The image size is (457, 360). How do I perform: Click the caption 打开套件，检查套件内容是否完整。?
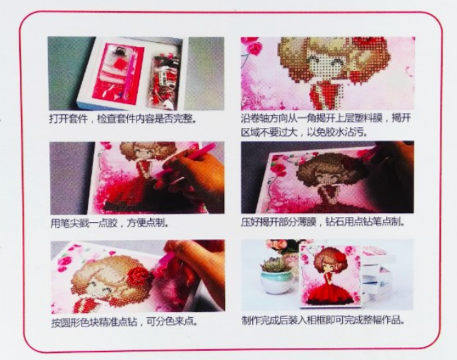(122, 119)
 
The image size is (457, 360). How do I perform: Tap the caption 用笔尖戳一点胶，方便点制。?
(109, 224)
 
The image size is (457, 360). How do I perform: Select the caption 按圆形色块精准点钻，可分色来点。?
(124, 322)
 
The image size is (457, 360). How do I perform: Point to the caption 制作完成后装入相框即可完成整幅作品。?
(323, 320)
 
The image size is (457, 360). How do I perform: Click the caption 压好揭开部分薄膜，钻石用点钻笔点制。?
(323, 222)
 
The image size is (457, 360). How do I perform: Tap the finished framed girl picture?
(330, 276)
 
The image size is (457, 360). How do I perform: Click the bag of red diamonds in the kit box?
(164, 79)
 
